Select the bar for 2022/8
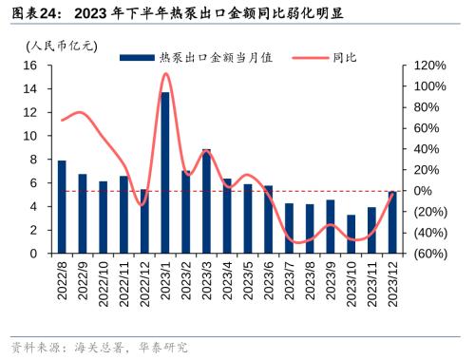62,207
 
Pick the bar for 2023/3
206,201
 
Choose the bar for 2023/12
392,222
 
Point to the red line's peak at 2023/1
165,73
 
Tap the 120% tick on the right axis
429,66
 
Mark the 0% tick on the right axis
423,191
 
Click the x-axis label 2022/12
145,282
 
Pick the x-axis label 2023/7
290,282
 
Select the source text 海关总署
104,347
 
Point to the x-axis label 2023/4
228,282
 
